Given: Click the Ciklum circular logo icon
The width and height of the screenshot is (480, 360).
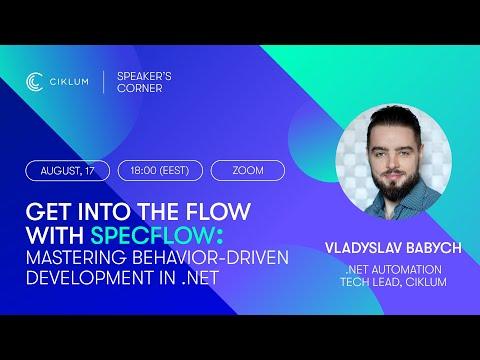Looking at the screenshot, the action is click(x=34, y=82).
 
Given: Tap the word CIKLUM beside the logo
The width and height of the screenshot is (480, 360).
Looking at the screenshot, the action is click(x=69, y=82).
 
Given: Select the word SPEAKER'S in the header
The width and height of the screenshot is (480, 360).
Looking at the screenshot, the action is click(x=144, y=76).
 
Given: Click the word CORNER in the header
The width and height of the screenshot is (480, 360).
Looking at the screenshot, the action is click(x=140, y=88).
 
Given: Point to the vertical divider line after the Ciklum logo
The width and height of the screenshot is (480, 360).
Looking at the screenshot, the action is click(x=103, y=82).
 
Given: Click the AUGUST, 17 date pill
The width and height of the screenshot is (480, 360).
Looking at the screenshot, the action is click(x=67, y=171).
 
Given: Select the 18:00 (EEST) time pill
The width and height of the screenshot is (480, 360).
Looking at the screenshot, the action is click(x=160, y=171).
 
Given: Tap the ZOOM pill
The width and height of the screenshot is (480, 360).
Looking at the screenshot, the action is click(x=248, y=171).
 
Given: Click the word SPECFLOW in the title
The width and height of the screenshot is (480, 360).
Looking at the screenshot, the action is click(x=152, y=235).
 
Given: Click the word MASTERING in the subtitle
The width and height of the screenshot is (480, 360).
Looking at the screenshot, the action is click(x=76, y=257).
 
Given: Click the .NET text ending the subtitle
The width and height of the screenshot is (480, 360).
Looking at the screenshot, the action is click(x=200, y=277).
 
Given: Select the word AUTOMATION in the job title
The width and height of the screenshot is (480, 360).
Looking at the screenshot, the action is click(x=407, y=269).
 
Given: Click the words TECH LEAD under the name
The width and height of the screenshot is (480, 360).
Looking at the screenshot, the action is click(x=370, y=282).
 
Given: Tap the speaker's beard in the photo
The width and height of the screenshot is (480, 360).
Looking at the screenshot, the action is click(x=395, y=186).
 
